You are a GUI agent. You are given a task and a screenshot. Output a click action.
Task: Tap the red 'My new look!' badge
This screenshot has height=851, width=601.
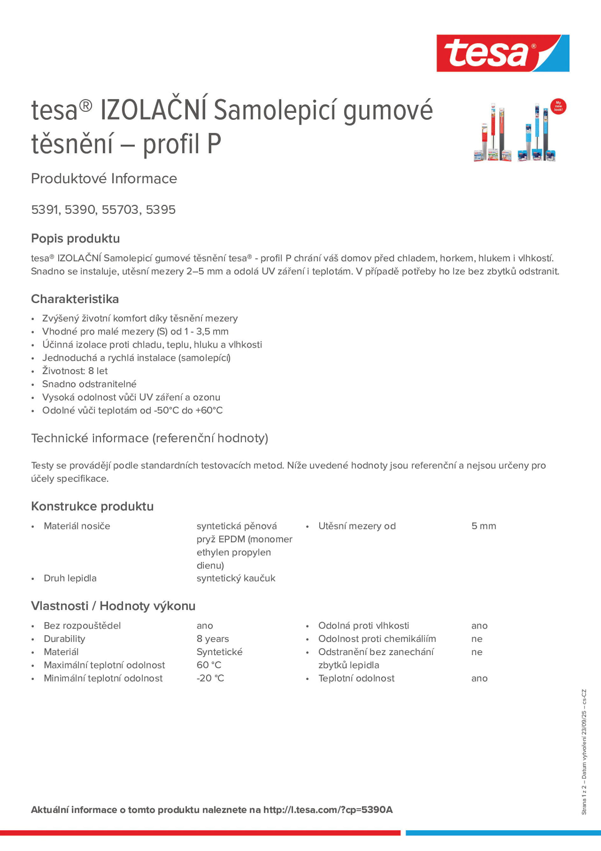point(558,107)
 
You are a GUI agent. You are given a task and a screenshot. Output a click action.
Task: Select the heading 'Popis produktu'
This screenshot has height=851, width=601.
point(75,238)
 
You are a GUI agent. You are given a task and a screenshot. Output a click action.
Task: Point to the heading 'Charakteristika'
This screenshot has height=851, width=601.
point(75,299)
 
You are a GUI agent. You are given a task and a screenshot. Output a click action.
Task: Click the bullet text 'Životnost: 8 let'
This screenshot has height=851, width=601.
point(75,371)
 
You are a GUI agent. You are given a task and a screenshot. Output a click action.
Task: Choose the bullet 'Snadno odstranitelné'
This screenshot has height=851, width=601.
point(89,384)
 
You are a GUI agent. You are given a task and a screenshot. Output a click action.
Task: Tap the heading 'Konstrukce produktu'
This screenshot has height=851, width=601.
point(92,506)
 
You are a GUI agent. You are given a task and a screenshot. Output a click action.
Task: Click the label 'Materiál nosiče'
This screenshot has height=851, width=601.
point(77,526)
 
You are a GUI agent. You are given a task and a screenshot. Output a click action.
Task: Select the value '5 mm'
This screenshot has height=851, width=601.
point(483,526)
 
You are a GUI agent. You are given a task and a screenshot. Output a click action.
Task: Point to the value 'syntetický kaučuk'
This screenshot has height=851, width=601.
point(236,578)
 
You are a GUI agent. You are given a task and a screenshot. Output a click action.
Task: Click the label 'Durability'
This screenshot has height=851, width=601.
point(64,638)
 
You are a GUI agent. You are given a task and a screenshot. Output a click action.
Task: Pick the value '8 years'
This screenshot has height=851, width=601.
point(213,638)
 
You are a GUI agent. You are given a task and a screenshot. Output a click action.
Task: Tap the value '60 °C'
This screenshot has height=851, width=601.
point(209,665)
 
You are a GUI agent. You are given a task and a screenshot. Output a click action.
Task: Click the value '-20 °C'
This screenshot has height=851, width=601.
point(210,678)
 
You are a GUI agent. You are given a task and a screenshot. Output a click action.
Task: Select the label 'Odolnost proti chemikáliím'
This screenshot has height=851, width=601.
point(377,638)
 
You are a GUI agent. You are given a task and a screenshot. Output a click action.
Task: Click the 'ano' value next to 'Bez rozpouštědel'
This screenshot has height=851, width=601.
point(204,626)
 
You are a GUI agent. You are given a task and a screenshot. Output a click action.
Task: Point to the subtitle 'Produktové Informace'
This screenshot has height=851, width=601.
point(104,179)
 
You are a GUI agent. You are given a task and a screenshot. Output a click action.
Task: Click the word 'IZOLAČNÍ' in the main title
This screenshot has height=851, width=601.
point(154,110)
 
